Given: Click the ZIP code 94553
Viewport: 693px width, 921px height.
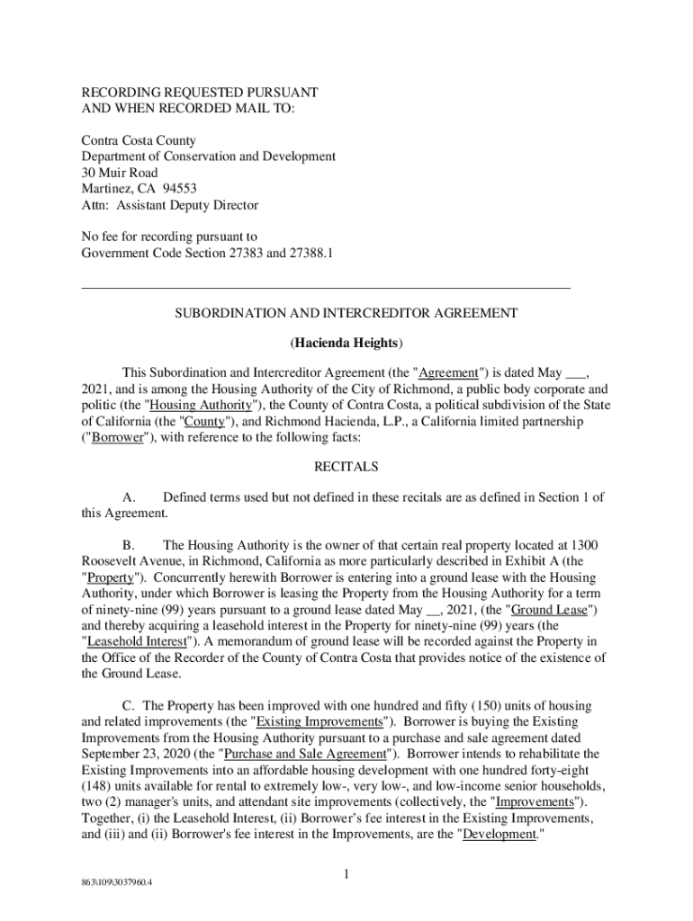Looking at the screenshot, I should (177, 189).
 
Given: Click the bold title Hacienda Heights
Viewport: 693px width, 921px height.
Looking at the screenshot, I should (346, 344).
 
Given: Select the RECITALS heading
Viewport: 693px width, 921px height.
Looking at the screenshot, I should (346, 468).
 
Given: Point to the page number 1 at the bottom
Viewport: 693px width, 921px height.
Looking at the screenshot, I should (346, 874).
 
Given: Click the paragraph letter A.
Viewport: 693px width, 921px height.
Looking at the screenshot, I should (128, 497).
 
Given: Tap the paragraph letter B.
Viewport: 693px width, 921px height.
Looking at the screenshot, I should (128, 545).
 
